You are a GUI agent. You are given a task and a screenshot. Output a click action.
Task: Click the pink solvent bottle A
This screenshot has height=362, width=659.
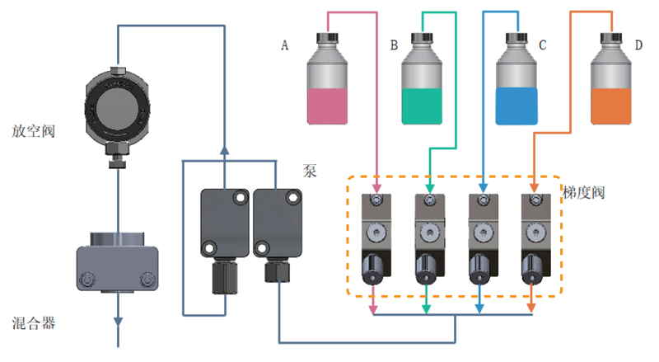(x=328, y=87)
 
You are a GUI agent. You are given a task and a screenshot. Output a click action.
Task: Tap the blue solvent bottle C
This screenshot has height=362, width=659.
(x=517, y=87)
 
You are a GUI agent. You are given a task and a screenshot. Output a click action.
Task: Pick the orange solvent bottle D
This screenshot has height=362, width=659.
(x=612, y=87)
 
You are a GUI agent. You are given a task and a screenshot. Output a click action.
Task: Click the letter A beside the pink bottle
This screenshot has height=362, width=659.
(x=285, y=46)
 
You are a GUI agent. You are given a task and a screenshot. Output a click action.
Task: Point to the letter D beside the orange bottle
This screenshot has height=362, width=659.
(x=639, y=45)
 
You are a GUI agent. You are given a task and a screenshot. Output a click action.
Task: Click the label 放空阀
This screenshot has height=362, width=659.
(x=34, y=131)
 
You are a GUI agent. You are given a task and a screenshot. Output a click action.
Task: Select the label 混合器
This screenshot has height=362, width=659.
(x=34, y=323)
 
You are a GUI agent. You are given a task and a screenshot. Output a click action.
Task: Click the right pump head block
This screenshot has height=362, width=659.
(x=277, y=223)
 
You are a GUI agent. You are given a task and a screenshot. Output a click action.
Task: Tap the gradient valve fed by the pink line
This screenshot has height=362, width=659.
(x=376, y=239)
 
